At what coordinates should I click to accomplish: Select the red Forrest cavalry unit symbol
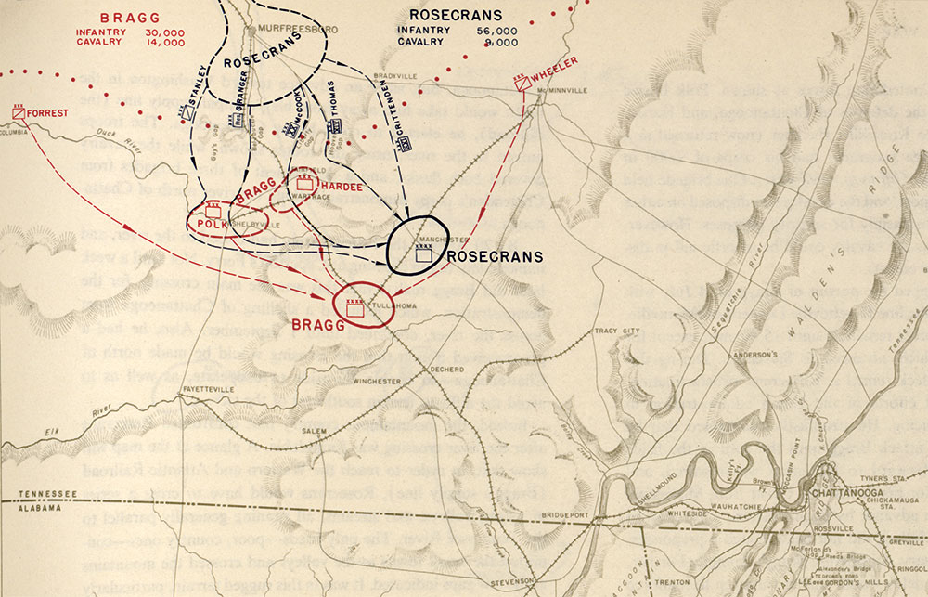click(19, 112)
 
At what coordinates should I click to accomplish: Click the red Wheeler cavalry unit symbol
click(524, 83)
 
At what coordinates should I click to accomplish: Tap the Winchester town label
click(378, 381)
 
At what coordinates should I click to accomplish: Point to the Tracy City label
click(618, 330)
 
